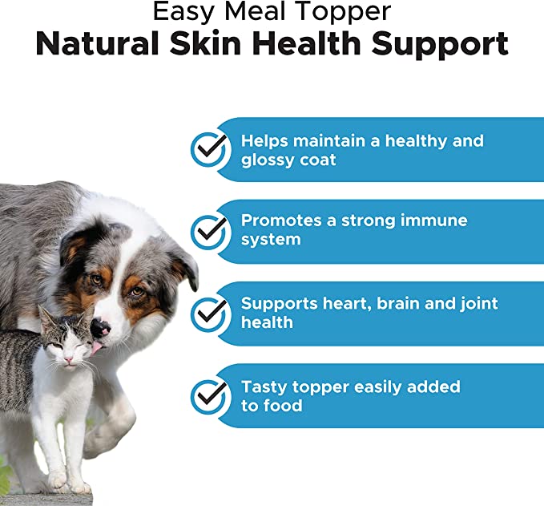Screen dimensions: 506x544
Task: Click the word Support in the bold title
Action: tap(442, 45)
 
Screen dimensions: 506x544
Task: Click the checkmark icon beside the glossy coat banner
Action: tap(210, 149)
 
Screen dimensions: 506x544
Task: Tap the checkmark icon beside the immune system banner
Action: tap(210, 231)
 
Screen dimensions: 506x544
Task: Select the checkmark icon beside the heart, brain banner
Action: tap(210, 313)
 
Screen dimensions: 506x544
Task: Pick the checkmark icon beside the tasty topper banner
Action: tap(210, 396)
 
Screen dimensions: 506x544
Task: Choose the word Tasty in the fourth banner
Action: tap(265, 387)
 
